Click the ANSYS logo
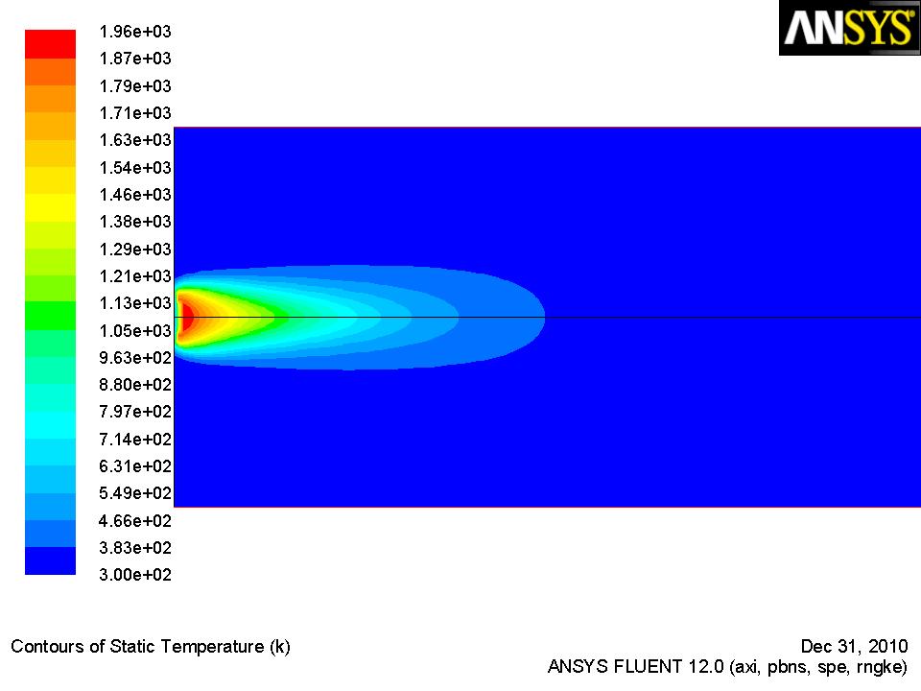849,28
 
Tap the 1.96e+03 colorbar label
135,32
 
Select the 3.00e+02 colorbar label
135,575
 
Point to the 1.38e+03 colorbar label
135,222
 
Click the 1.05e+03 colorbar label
135,331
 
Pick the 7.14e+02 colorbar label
135,439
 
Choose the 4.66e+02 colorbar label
135,520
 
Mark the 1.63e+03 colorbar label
135,140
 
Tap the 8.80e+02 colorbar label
135,385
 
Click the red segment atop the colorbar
51,44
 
